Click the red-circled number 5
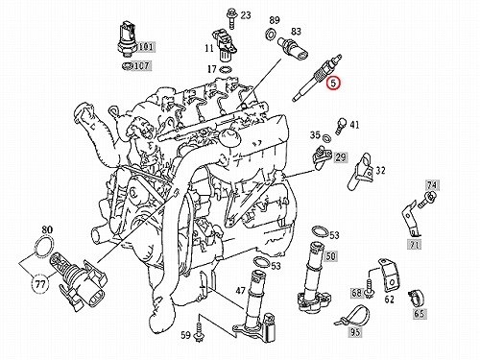[333, 84]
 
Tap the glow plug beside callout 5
[317, 78]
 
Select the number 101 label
[146, 47]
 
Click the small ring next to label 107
[128, 66]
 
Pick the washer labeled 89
[271, 34]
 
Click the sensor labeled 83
[294, 49]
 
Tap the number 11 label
[209, 48]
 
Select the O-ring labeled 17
[227, 69]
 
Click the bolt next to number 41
[341, 126]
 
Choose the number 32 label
[380, 171]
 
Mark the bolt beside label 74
[427, 199]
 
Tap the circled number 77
[40, 284]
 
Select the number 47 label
[240, 291]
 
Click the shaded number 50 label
[330, 256]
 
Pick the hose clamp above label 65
[417, 298]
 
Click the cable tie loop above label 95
[351, 316]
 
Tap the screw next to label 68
[370, 289]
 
